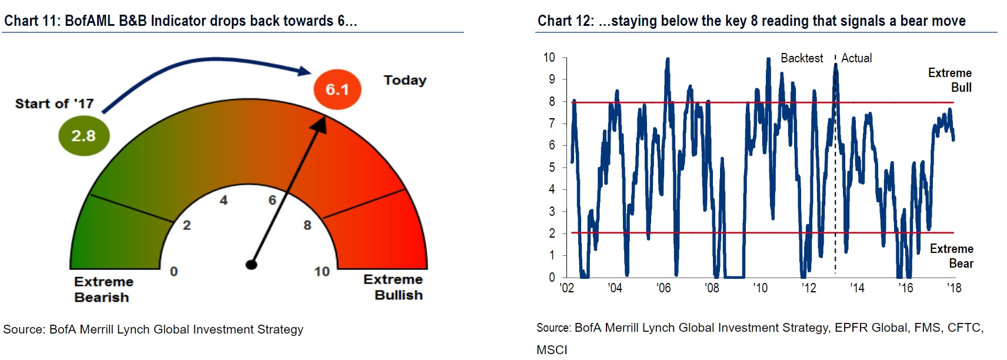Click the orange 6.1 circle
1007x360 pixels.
[x=337, y=89]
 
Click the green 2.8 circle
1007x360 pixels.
[x=84, y=136]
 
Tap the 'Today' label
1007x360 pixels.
[x=405, y=80]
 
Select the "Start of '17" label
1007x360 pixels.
[x=54, y=104]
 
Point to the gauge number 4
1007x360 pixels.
[x=224, y=201]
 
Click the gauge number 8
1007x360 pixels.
[x=307, y=225]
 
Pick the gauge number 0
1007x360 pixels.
[x=174, y=272]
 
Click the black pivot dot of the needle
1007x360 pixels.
[x=251, y=264]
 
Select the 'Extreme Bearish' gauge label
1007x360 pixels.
[x=103, y=289]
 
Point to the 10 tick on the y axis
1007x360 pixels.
[x=549, y=58]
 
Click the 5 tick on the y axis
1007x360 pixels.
[x=552, y=168]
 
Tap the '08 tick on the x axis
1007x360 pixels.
[x=712, y=288]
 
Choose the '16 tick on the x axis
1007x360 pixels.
[x=905, y=288]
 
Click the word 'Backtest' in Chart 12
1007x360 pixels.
[x=801, y=58]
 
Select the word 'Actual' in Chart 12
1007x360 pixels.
[x=856, y=58]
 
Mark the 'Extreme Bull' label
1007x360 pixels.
[x=951, y=80]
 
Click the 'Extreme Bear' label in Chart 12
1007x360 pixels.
[x=952, y=256]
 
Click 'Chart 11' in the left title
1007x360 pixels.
[x=29, y=21]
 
